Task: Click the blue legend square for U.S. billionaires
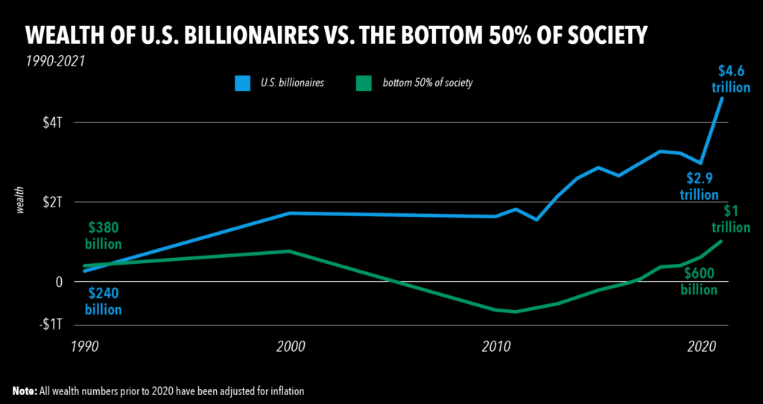click(242, 83)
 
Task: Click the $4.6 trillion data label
click(730, 79)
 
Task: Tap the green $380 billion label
click(104, 236)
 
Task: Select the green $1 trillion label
click(729, 221)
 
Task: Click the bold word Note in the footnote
click(27, 391)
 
